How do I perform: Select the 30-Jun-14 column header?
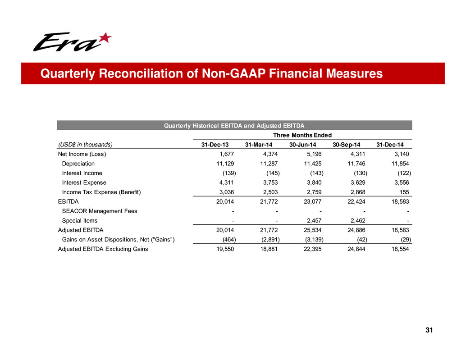tap(306, 145)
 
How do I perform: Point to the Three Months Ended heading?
tap(302, 135)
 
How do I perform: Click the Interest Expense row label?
tap(84, 182)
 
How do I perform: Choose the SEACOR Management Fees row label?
tap(100, 211)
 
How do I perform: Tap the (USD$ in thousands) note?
tap(85, 145)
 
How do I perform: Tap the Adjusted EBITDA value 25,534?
tap(311, 230)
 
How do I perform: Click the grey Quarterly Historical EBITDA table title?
tap(234, 125)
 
